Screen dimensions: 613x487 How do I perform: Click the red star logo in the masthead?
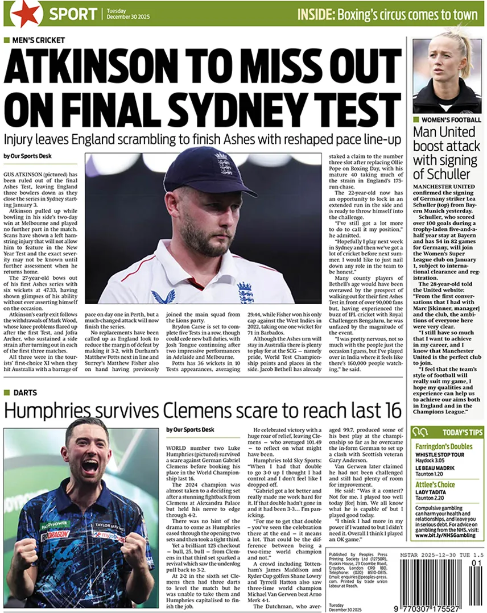coord(26,14)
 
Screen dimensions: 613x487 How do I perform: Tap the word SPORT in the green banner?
coord(72,14)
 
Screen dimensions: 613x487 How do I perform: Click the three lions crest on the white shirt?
coord(245,293)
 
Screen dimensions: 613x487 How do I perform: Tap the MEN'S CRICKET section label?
coord(38,40)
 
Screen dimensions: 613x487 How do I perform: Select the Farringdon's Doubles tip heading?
coord(443,446)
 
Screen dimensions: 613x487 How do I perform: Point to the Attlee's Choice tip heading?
coord(435,484)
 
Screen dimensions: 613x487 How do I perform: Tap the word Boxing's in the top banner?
coord(361,14)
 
